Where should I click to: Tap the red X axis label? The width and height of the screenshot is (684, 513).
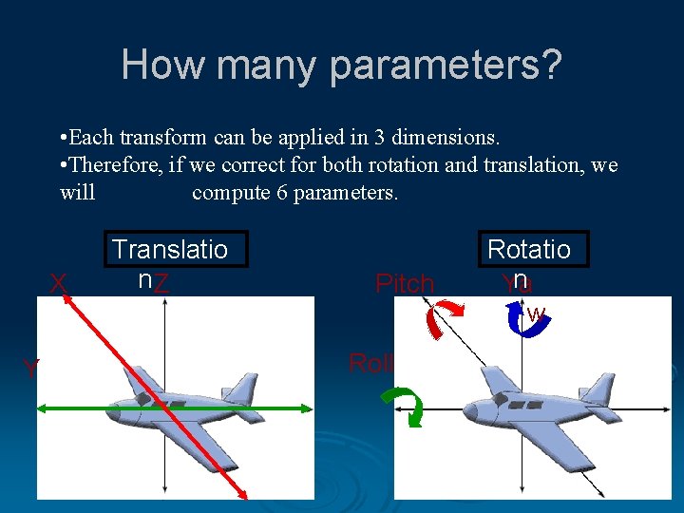58,283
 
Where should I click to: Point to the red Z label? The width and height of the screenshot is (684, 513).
162,283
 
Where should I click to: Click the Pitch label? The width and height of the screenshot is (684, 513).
405,283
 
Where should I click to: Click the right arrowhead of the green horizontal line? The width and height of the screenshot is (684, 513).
306,408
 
